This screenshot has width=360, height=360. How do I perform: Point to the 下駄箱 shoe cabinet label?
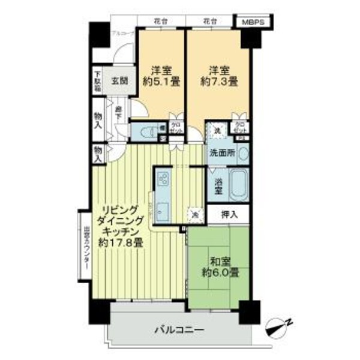(97, 82)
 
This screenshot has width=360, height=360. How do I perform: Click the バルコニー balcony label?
(179, 330)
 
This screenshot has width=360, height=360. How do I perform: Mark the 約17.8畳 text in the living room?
(121, 243)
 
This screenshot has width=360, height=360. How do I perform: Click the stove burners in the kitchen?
(164, 178)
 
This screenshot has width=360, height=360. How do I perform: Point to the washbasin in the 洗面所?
(242, 153)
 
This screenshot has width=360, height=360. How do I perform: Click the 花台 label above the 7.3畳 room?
(208, 22)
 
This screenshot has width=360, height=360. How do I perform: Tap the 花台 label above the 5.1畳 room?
(160, 22)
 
